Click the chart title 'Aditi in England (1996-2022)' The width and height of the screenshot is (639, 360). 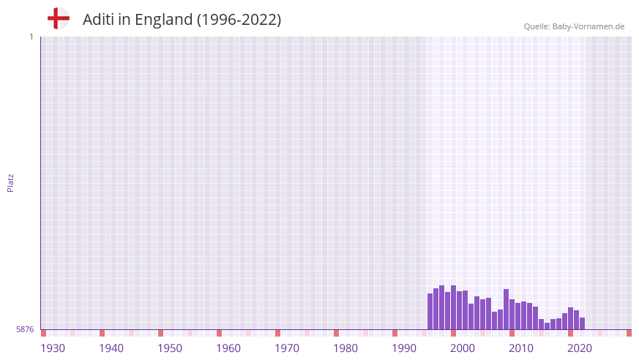click(182, 20)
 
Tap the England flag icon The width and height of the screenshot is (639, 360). click(58, 18)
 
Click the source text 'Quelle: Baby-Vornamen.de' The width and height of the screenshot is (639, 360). click(574, 26)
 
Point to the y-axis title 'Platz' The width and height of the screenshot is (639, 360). click(10, 182)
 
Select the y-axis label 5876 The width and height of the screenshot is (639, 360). click(25, 330)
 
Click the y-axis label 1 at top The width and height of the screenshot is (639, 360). click(31, 37)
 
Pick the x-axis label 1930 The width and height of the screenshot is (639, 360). click(53, 348)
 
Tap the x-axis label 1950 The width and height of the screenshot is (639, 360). click(170, 348)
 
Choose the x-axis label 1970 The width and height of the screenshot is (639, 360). click(287, 348)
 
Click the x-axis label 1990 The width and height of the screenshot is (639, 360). click(404, 348)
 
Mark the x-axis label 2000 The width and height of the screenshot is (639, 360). click(463, 348)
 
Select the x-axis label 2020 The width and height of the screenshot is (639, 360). click(580, 348)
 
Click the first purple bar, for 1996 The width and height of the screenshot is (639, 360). click(430, 312)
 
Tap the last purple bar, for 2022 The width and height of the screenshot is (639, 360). click(582, 323)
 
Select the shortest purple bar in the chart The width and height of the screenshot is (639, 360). click(547, 326)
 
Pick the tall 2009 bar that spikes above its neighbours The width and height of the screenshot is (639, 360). click(506, 309)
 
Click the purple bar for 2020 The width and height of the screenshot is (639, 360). click(570, 318)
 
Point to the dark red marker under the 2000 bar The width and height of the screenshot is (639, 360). click(454, 333)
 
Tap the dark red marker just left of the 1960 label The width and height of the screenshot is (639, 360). click(219, 333)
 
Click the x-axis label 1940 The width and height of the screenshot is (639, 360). click(111, 348)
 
